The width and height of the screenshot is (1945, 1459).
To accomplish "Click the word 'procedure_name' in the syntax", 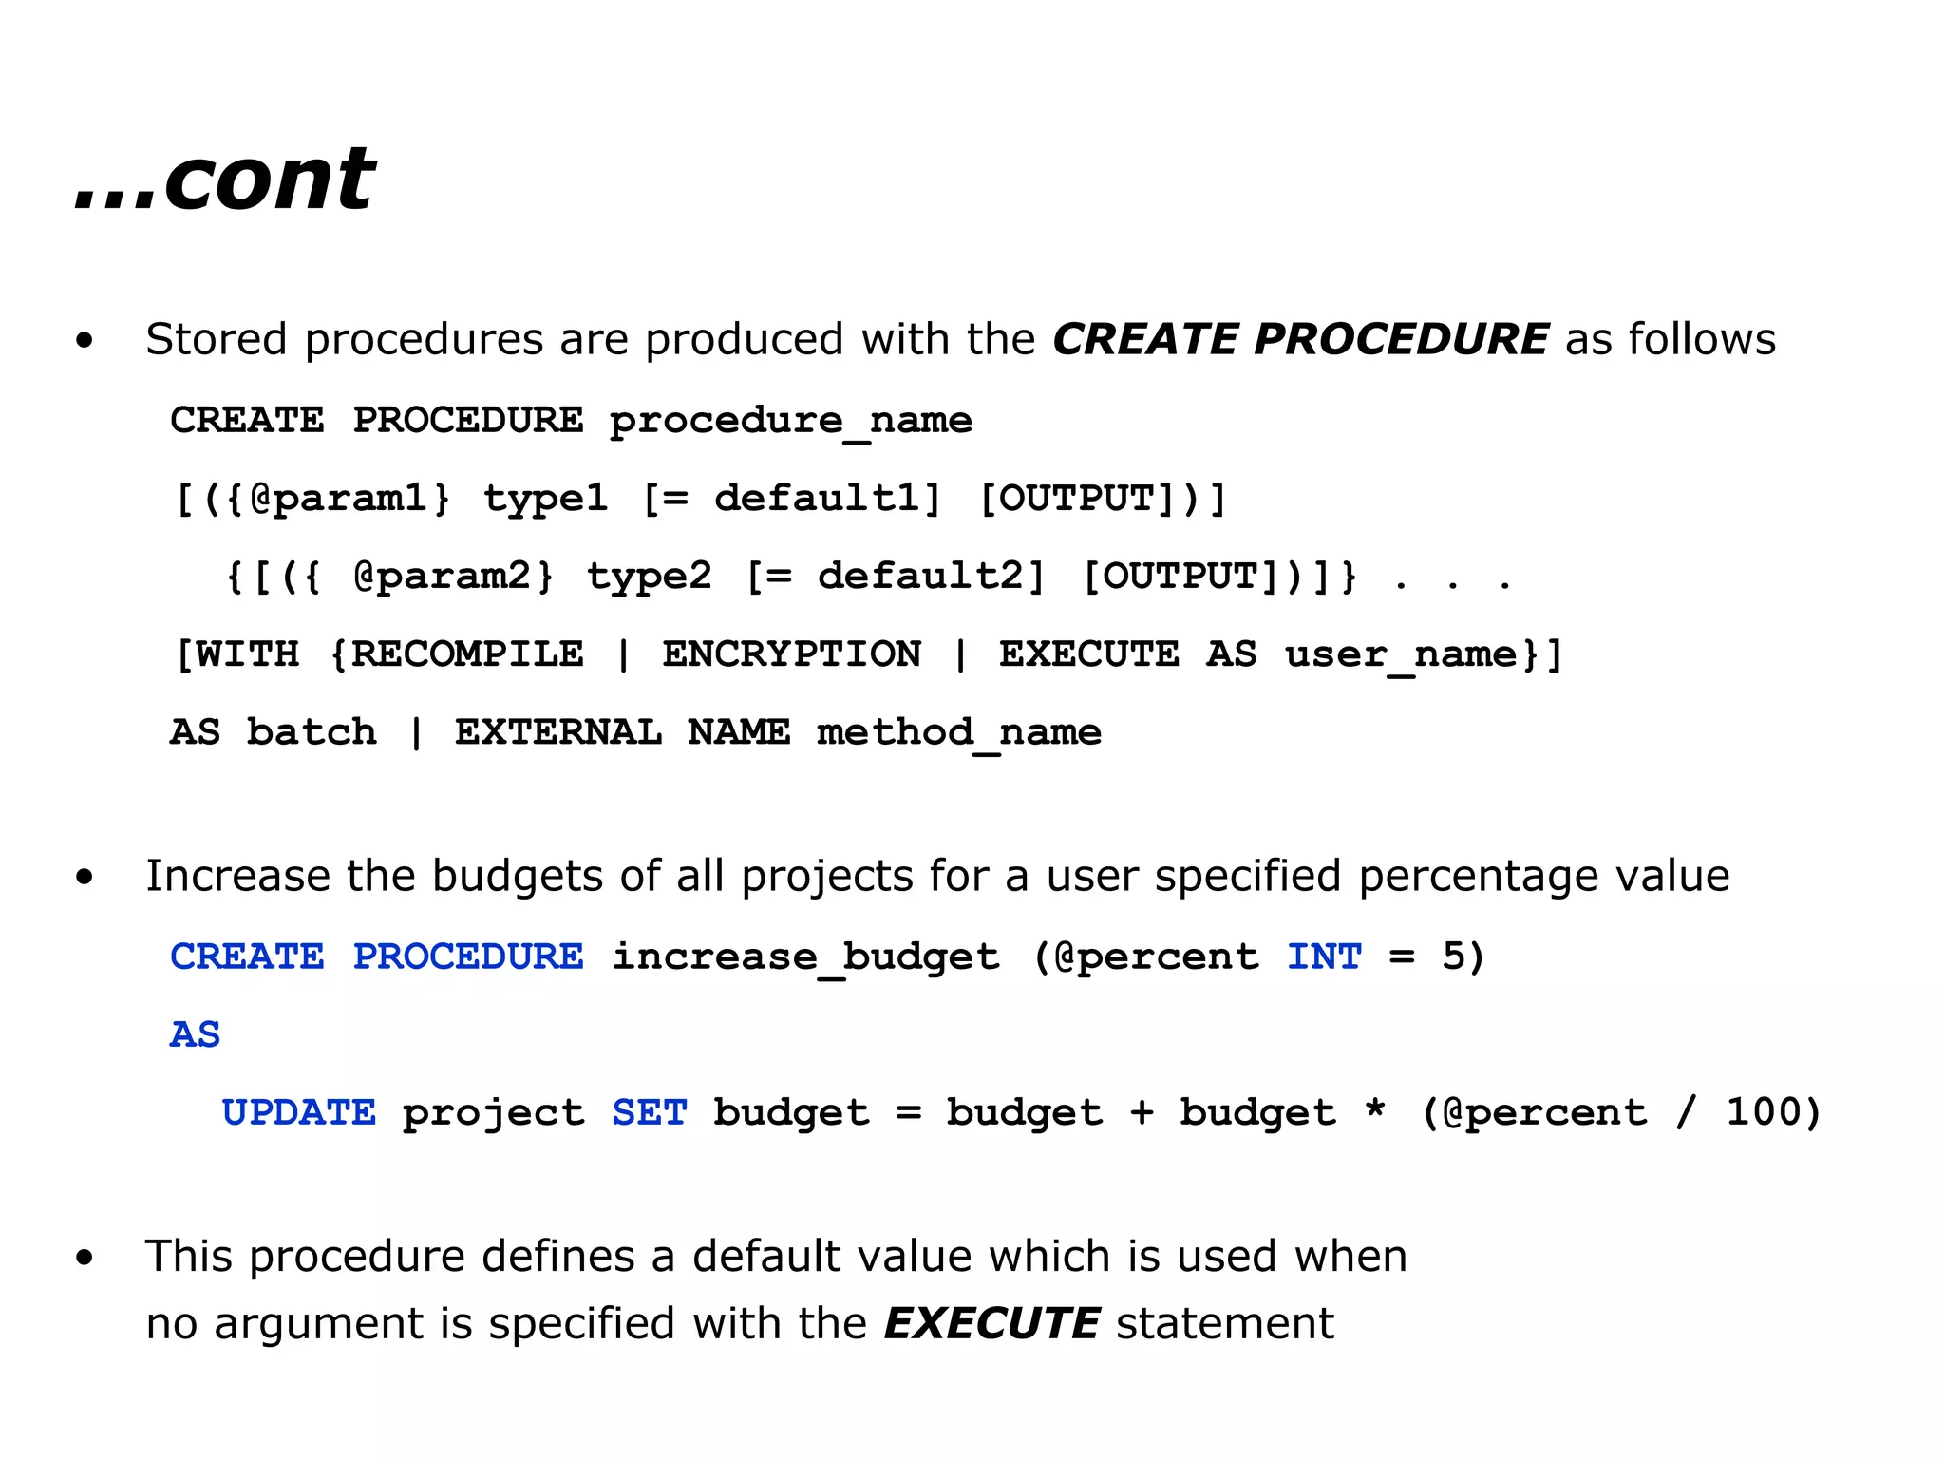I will (790, 421).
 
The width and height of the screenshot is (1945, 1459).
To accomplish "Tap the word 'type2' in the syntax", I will (649, 577).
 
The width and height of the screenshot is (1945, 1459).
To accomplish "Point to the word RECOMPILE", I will (467, 654).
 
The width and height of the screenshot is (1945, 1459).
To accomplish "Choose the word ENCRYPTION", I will (791, 654).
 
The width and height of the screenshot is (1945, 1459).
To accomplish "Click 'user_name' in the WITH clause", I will (1402, 654).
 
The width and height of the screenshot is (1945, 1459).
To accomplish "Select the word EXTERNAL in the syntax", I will (557, 732).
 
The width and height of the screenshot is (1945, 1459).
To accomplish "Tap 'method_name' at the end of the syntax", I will (958, 732).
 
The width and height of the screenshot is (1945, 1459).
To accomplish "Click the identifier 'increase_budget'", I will (804, 957).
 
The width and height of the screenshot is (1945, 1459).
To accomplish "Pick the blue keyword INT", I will (1324, 957).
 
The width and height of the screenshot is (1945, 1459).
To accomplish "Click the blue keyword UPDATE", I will (298, 1112).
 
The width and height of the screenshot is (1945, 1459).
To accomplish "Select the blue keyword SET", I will (649, 1112).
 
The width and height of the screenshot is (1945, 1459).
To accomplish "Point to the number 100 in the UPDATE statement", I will (1760, 1112).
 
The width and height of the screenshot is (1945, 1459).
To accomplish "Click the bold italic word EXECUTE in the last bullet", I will (991, 1323).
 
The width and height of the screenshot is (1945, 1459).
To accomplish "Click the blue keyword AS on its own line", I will (195, 1034).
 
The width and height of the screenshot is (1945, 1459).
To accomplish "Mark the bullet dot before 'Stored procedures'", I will (85, 341).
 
